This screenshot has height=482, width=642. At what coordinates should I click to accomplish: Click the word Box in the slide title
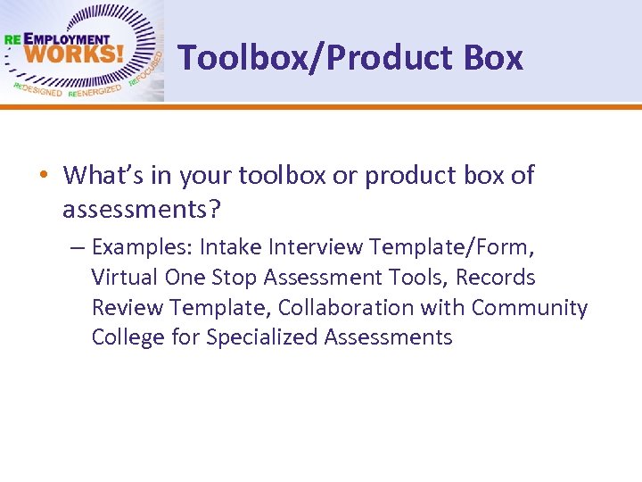click(493, 57)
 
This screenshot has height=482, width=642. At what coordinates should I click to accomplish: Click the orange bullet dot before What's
click(43, 175)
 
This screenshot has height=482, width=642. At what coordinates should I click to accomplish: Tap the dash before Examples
click(78, 246)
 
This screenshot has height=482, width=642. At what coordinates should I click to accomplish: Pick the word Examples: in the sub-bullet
click(142, 246)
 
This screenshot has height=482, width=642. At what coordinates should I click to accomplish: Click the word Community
click(530, 307)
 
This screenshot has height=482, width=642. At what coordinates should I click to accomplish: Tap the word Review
click(127, 307)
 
